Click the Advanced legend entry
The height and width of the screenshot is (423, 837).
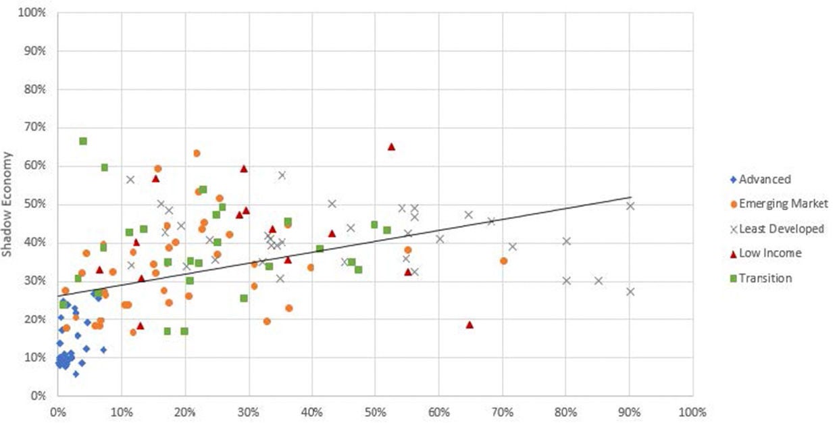[764, 180]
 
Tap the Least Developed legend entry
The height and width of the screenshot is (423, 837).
[780, 229]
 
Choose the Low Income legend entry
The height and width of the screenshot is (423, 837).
[769, 253]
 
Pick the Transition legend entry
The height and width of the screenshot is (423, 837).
[765, 278]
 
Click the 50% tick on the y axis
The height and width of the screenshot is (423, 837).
[34, 204]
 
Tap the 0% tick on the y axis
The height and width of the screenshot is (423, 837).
[37, 396]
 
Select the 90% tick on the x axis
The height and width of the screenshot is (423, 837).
[629, 411]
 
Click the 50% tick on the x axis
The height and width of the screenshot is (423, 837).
[375, 411]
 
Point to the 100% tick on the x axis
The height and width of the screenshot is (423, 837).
[692, 411]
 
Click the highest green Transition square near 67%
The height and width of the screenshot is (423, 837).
[83, 141]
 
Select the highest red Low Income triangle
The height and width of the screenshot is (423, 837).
[391, 147]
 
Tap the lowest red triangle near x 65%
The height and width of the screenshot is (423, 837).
[470, 325]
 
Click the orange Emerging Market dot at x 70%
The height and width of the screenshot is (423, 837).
[503, 261]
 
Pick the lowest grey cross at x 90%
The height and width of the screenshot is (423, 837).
[630, 291]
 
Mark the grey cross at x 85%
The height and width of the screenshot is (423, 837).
[598, 280]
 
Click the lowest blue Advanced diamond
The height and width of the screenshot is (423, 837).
[76, 374]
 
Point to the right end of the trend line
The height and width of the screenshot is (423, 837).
[630, 197]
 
